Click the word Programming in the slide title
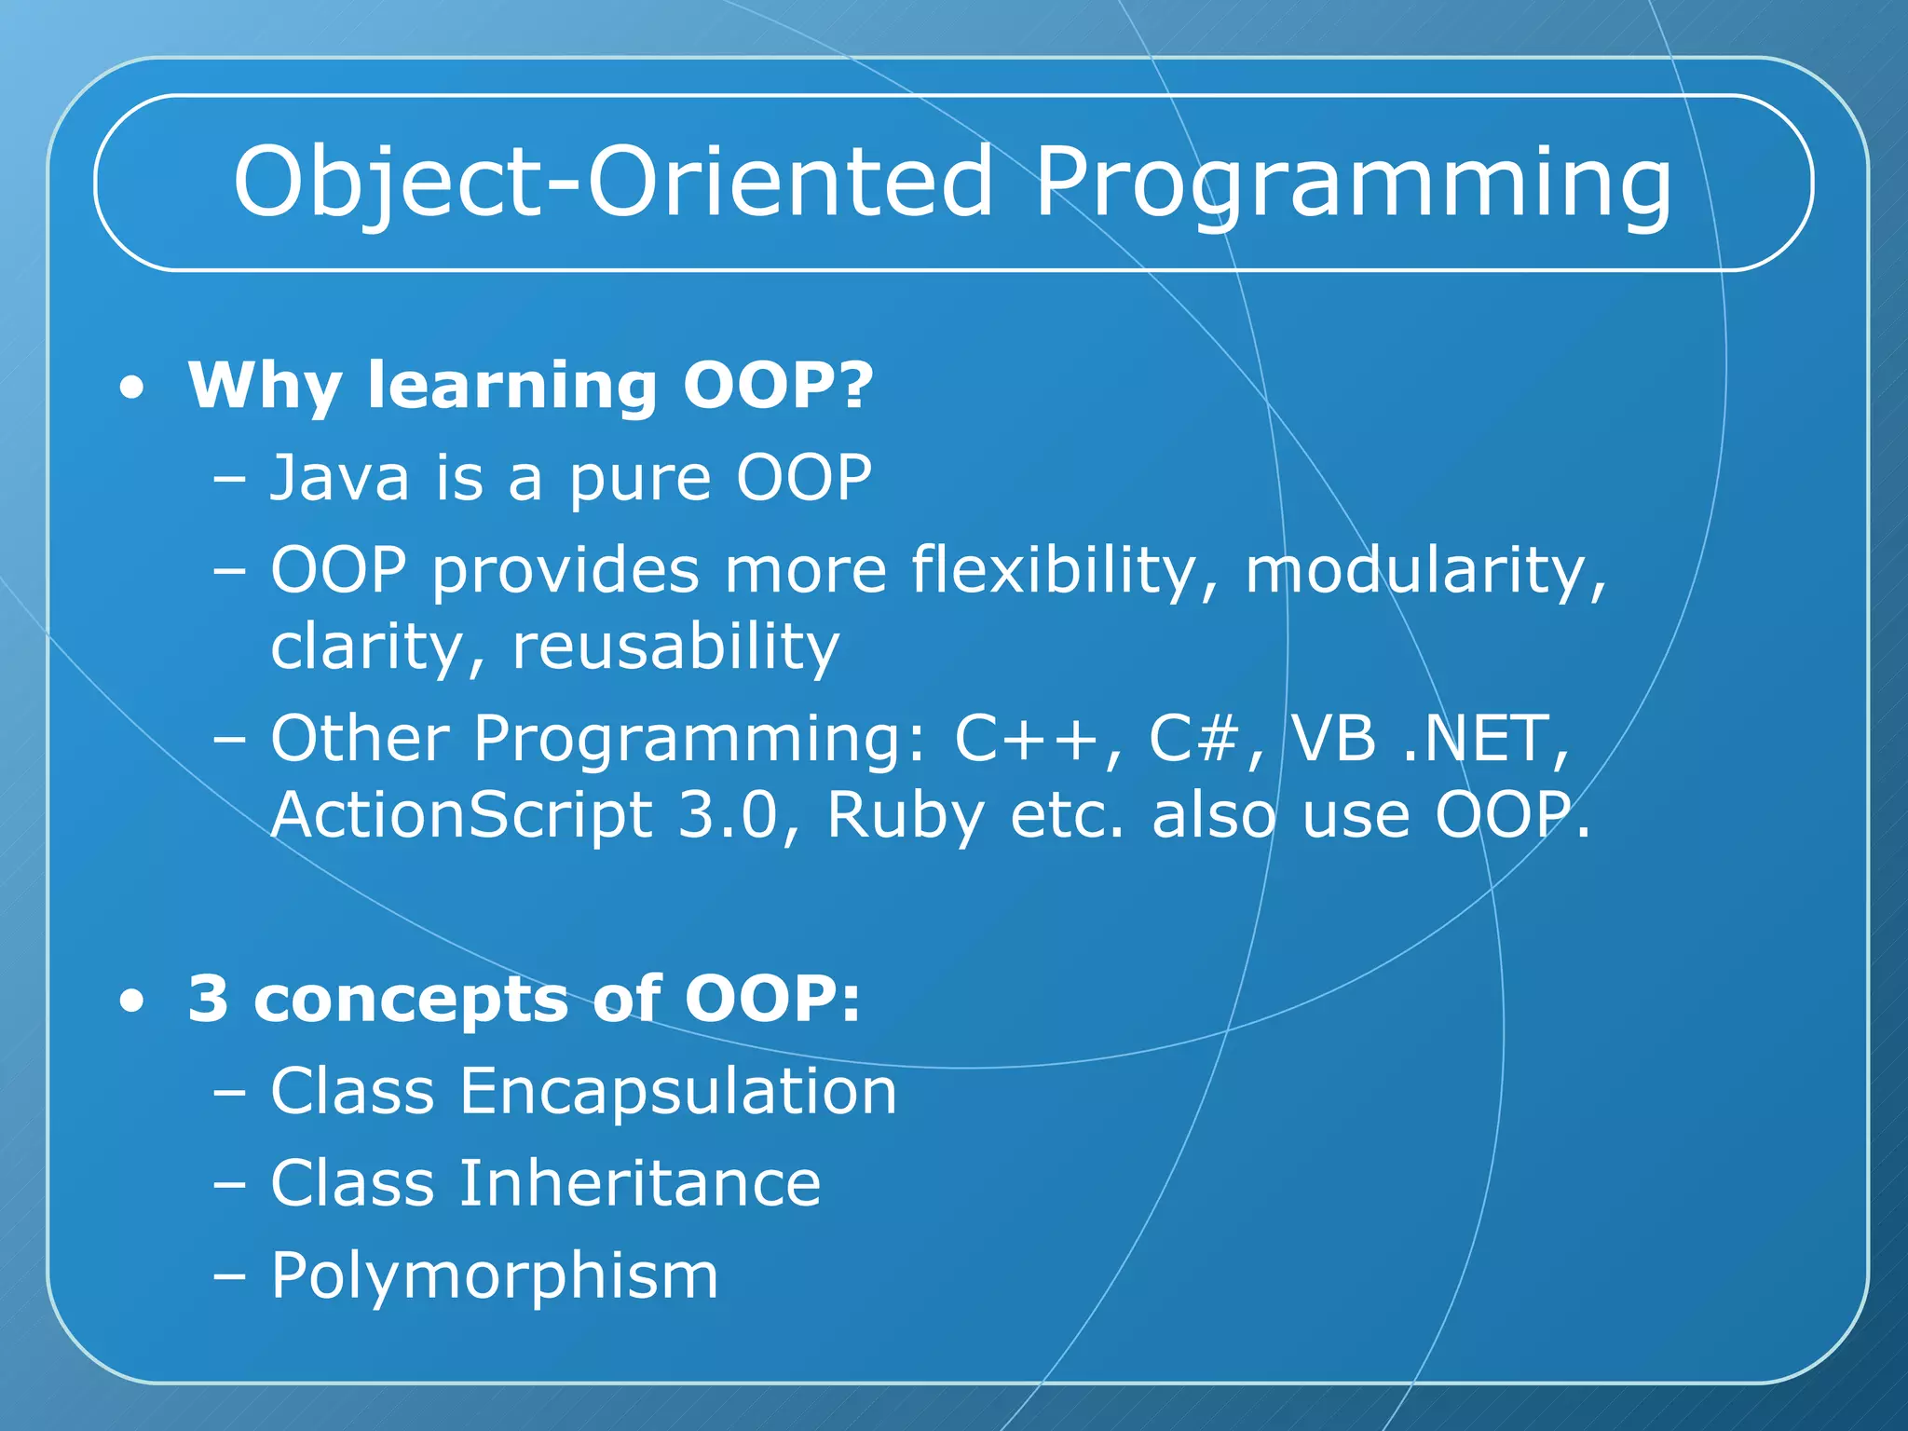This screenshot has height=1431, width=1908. [x=1353, y=183]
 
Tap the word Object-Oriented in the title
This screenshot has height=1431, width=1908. [x=613, y=183]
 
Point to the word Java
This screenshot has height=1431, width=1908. [x=339, y=478]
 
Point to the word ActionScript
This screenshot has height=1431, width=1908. [x=461, y=815]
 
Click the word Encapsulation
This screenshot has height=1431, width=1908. [x=677, y=1092]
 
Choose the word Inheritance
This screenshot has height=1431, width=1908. [x=639, y=1183]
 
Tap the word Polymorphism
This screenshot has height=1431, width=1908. [x=495, y=1276]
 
